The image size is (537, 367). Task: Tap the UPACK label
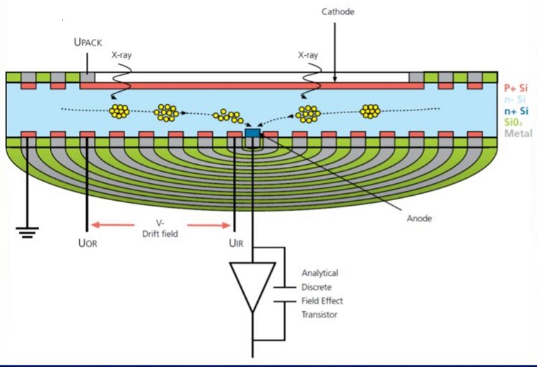(88, 43)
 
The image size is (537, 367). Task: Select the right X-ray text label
(308, 54)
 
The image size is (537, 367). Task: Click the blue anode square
(252, 132)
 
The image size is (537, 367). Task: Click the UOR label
(88, 243)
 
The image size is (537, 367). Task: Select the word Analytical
(320, 273)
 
